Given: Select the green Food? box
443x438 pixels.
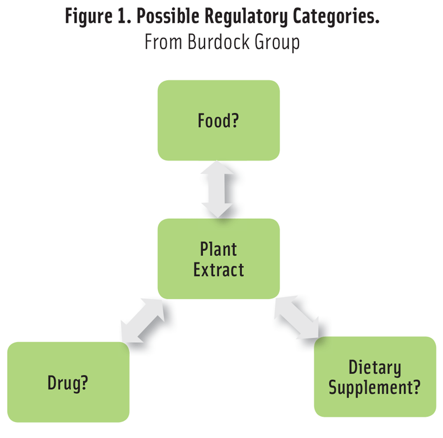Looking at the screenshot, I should [219, 120].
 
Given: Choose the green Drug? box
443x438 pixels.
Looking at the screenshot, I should [69, 382].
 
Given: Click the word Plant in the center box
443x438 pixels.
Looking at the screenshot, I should [218, 249].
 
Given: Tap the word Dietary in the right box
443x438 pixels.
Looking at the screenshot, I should [375, 368].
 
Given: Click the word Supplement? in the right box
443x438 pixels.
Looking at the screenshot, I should [375, 388].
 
